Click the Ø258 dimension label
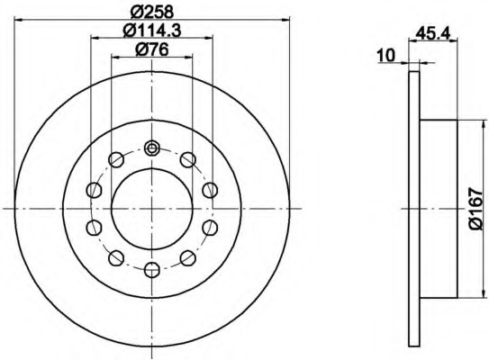(x=152, y=13)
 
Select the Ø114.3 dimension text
(x=152, y=31)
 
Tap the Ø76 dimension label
(x=152, y=49)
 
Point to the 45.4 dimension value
(x=433, y=33)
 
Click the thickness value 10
(x=386, y=56)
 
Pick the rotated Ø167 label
(x=475, y=209)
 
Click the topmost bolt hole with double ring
(x=152, y=148)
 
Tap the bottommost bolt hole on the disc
(x=152, y=270)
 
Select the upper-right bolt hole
(x=188, y=160)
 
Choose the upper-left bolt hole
(x=116, y=160)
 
